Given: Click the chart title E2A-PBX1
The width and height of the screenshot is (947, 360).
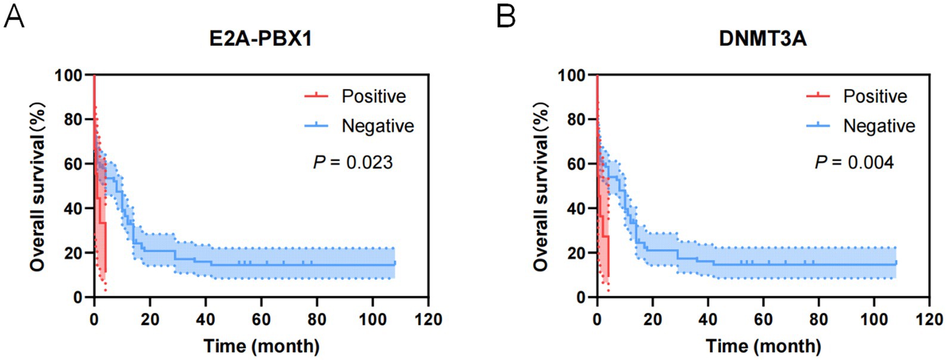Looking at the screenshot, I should [261, 39].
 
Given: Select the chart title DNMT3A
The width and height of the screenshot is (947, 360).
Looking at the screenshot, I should [763, 39].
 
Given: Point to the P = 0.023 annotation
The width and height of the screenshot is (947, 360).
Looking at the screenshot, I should [353, 162].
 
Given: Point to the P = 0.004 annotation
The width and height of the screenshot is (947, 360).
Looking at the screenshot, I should [855, 162].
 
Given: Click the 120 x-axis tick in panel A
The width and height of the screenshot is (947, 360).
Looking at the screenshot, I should [428, 319].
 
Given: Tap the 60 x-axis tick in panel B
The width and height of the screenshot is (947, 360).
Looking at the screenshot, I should [763, 319].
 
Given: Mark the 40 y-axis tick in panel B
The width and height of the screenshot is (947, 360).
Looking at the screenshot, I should [575, 208].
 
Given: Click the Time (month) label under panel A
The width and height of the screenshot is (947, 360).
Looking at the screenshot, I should [261, 346].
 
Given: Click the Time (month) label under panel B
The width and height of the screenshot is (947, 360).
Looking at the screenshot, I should [763, 346].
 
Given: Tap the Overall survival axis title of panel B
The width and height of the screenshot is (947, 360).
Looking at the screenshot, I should [541, 186].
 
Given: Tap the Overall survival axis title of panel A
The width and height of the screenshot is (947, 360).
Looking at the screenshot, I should [38, 186].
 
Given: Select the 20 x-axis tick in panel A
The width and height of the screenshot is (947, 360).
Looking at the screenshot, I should [150, 319].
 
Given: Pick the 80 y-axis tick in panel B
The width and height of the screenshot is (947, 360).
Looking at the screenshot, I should [575, 119].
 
